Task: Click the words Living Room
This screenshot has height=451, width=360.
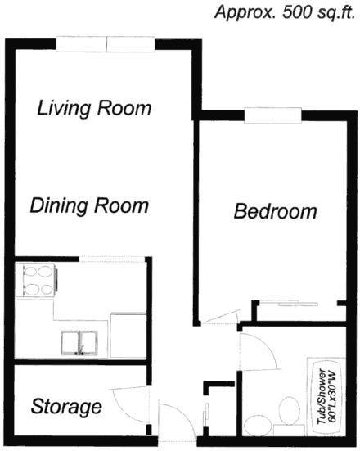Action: [94, 108]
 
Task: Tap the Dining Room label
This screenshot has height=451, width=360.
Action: [89, 205]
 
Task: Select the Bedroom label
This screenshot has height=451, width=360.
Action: [275, 211]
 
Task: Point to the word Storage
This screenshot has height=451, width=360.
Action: [66, 407]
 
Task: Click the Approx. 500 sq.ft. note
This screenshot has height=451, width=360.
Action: [285, 12]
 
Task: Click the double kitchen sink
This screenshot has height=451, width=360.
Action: [79, 343]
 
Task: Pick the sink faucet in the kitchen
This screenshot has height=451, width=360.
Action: [81, 350]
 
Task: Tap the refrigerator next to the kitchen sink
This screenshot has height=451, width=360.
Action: [128, 336]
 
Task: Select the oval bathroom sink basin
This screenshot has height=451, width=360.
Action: [259, 424]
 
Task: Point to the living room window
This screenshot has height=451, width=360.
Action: [106, 44]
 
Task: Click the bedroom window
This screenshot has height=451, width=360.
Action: [273, 115]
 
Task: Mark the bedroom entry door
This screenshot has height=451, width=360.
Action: [220, 318]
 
